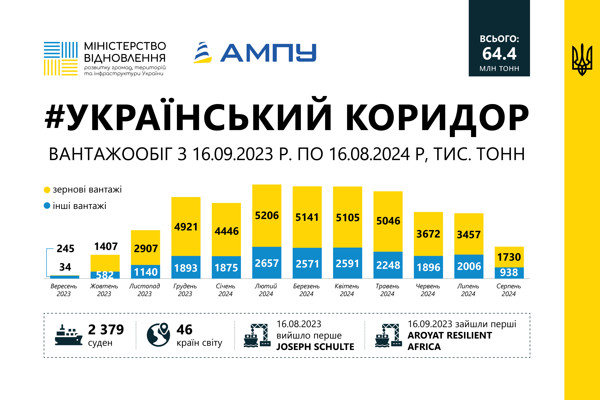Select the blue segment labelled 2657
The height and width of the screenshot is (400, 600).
pos(267,263)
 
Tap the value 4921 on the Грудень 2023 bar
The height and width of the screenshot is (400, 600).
pos(186,227)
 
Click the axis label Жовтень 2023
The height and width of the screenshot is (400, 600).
pos(104,290)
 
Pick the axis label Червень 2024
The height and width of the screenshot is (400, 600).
pos(428,290)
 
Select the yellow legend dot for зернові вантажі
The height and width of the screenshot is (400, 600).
pos(47,190)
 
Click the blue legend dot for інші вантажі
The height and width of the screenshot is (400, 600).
pos(47,206)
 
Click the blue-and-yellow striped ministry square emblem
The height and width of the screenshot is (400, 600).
pos(61,59)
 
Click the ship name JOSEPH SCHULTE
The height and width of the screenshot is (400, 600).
pos(315,347)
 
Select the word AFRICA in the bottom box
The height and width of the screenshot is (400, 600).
pos(424,347)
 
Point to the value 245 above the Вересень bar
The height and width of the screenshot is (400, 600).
pos(66,248)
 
